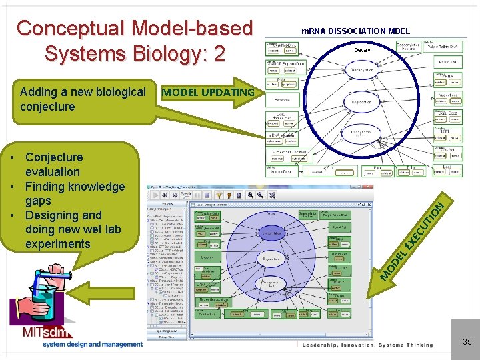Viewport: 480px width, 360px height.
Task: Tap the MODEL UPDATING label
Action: (x=207, y=92)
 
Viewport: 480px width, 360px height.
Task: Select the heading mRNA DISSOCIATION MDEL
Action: (x=355, y=31)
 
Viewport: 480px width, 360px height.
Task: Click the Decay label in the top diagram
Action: (x=362, y=50)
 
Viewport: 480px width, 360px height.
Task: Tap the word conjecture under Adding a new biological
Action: (x=47, y=107)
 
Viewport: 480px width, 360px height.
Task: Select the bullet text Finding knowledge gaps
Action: (x=74, y=193)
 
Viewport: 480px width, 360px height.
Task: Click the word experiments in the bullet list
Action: (x=57, y=244)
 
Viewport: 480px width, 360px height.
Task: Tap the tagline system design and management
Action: (x=93, y=345)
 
